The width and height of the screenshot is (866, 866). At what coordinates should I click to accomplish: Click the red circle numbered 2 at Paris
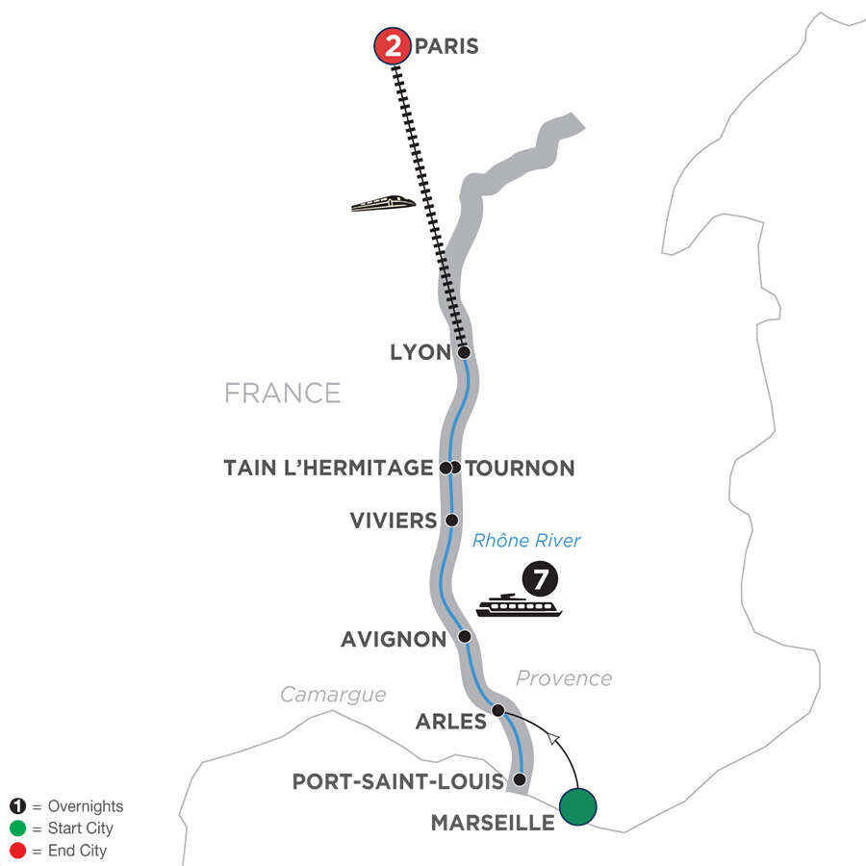392,47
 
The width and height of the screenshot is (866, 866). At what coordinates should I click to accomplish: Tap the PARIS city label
446,46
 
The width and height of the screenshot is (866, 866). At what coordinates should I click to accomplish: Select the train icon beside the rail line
383,203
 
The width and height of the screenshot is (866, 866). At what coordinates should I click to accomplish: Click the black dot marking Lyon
464,352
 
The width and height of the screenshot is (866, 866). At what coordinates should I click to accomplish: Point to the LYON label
420,353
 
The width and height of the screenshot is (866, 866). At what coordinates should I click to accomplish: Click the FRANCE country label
282,393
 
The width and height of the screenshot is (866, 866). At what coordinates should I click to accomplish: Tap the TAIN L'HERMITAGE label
328,469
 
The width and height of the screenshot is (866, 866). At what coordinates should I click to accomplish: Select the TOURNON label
521,469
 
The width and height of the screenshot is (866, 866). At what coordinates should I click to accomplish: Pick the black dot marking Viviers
450,521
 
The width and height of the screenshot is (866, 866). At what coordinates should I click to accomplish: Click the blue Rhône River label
526,541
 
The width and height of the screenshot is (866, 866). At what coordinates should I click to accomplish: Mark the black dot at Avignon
464,637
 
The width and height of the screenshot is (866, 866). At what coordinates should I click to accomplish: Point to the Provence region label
563,678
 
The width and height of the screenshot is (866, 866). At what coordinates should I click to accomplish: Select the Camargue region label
333,695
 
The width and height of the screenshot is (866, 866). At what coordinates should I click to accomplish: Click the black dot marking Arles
498,711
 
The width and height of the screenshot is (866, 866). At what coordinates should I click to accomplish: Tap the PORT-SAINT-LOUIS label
398,781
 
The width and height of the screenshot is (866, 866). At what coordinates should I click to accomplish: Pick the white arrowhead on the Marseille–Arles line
552,737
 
